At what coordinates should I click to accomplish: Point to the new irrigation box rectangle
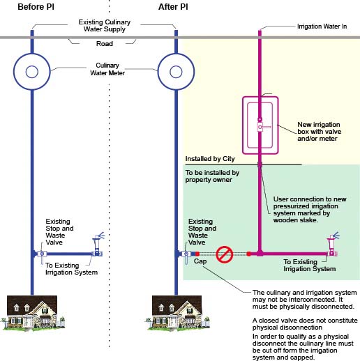pyautogui.click(x=260, y=124)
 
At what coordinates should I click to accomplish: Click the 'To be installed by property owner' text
pyautogui.click(x=213, y=176)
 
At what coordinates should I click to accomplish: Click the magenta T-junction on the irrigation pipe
pyautogui.click(x=260, y=253)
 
